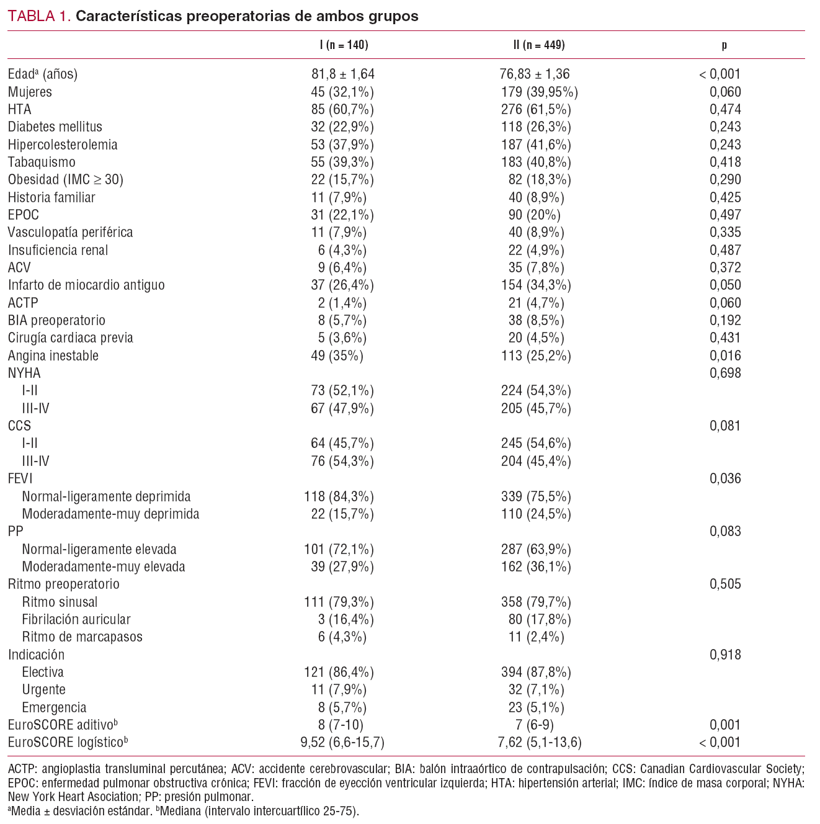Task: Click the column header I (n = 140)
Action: point(342,45)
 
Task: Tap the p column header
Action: point(724,45)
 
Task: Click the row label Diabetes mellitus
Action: point(55,127)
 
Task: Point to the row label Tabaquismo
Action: point(42,163)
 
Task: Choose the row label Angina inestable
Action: point(53,356)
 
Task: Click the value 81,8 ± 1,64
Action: point(342,74)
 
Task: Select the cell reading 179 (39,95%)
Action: point(539,92)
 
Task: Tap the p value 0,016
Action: point(725,356)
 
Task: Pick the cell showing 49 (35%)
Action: point(337,356)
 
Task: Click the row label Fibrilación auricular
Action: point(76,620)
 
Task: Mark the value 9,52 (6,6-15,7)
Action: point(342,743)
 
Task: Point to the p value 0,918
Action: point(725,655)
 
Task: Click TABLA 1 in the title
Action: point(39,17)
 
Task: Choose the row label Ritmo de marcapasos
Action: point(82,637)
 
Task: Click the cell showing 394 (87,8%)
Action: point(536,673)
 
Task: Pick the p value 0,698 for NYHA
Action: point(725,374)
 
